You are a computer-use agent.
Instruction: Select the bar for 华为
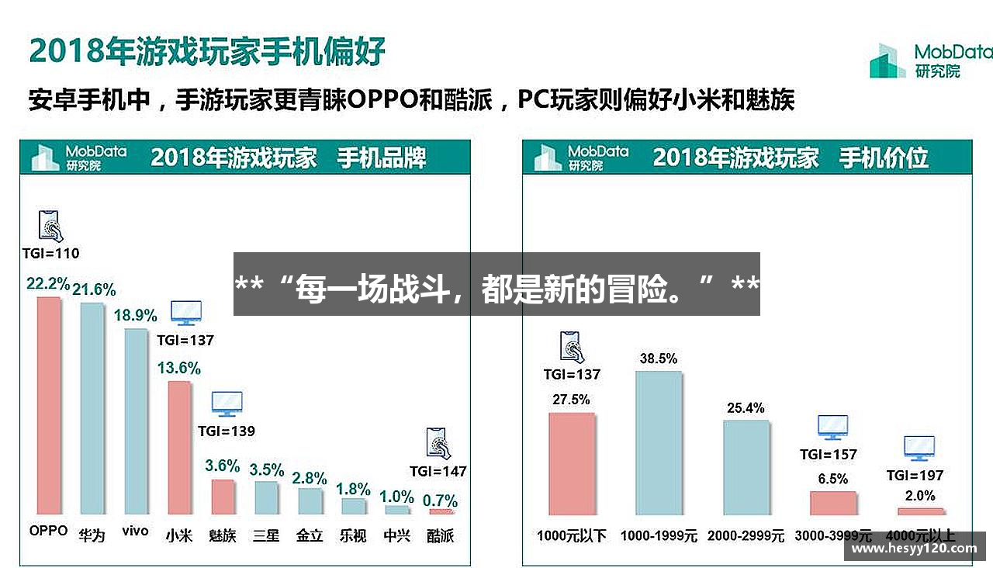pyautogui.click(x=92, y=408)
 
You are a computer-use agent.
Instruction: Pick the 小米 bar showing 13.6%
pyautogui.click(x=179, y=447)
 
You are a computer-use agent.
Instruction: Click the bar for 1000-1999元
pyautogui.click(x=659, y=442)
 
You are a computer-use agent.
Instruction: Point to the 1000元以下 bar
pyautogui.click(x=572, y=463)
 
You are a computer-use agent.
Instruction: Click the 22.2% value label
pyautogui.click(x=48, y=284)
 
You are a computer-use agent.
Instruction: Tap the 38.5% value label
pyautogui.click(x=659, y=358)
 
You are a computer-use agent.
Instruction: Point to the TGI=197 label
pyautogui.click(x=915, y=475)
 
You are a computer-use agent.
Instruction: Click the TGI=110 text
pyautogui.click(x=50, y=253)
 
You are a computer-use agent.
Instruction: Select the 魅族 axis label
pyautogui.click(x=223, y=535)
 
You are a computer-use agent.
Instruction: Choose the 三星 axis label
pyautogui.click(x=266, y=535)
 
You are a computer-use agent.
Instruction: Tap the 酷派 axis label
pyautogui.click(x=441, y=535)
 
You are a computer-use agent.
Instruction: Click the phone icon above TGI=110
pyautogui.click(x=50, y=226)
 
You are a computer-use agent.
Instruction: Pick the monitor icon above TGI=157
pyautogui.click(x=832, y=427)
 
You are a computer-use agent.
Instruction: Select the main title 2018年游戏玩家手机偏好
pyautogui.click(x=207, y=51)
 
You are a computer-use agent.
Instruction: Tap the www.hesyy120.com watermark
pyautogui.click(x=915, y=548)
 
